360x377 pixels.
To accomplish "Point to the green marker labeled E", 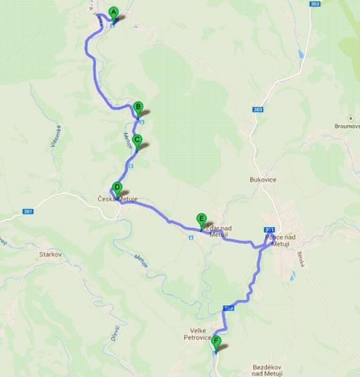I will (202, 219).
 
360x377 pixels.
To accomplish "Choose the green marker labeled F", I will (216, 341).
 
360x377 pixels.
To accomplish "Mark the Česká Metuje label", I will (118, 199).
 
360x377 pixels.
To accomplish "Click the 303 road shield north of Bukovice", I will (259, 110).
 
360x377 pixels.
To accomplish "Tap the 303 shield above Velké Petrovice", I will (228, 308).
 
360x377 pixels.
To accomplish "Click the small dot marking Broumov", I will (350, 118).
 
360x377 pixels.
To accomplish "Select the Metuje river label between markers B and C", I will (127, 139).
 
